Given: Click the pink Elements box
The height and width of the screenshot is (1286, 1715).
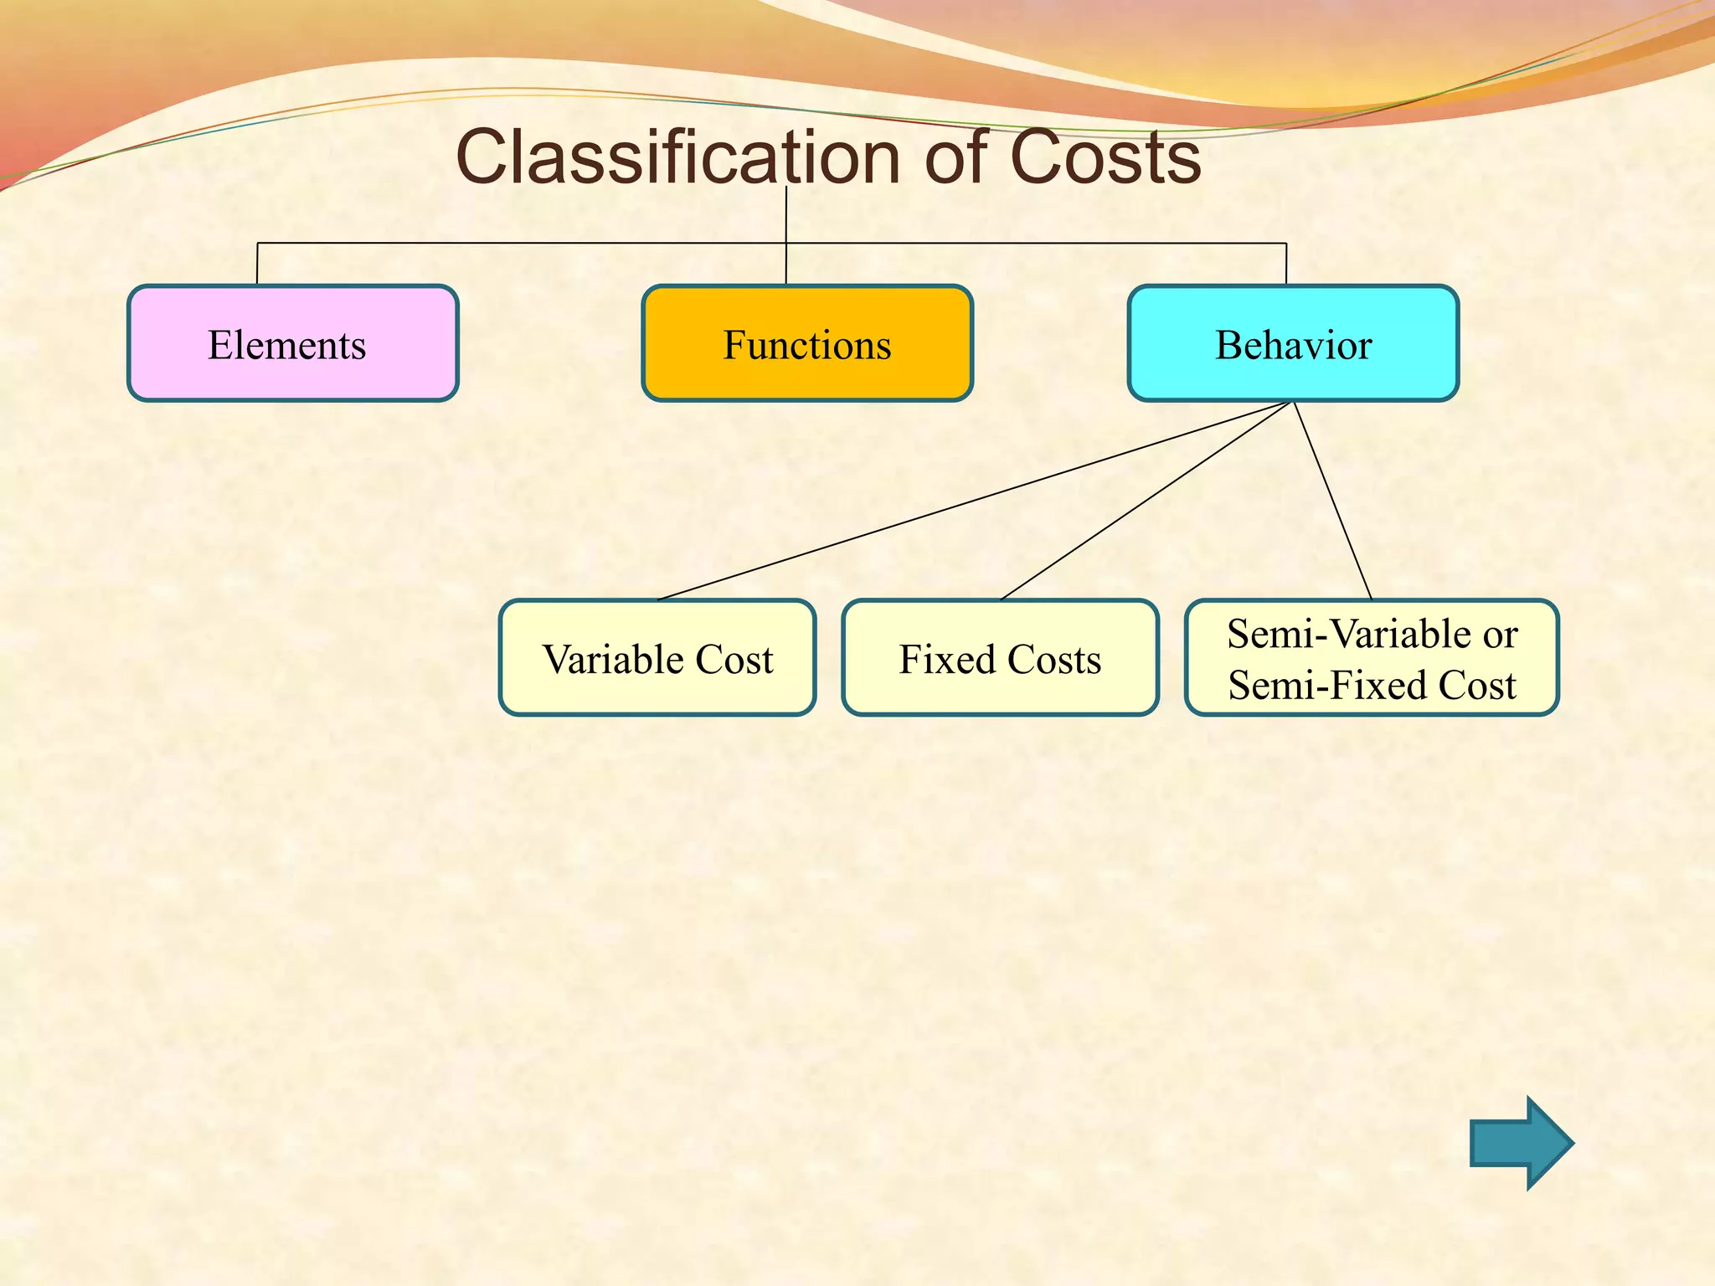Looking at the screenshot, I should point(292,343).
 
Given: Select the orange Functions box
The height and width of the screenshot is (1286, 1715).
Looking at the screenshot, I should point(806,343).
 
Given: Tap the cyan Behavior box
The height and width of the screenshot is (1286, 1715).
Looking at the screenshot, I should point(1292,343).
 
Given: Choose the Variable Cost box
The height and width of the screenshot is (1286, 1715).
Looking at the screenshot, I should point(657,658).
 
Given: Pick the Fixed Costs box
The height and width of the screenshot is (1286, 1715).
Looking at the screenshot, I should point(1000,658).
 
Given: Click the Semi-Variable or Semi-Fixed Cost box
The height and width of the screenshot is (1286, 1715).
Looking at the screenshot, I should point(1371,658).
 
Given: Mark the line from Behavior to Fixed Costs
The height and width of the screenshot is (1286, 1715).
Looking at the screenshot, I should point(1146,501).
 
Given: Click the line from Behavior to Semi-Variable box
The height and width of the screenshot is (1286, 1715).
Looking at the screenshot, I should point(1333,501).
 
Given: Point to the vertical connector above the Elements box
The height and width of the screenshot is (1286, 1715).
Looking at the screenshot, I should point(257,265).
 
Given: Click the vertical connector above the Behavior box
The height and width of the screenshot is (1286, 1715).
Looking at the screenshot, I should point(1285,265).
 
